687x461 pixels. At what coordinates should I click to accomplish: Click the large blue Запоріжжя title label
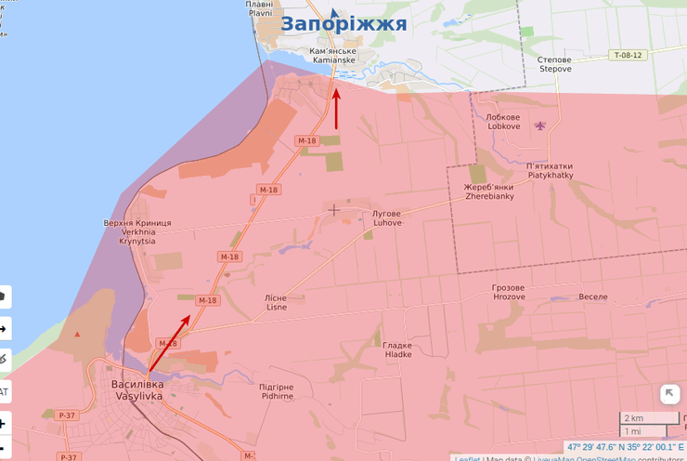pyautogui.click(x=343, y=23)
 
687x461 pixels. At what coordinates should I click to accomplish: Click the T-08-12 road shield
pyautogui.click(x=628, y=56)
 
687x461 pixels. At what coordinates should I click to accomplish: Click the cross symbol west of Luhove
pyautogui.click(x=334, y=210)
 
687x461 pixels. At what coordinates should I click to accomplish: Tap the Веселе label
pyautogui.click(x=592, y=296)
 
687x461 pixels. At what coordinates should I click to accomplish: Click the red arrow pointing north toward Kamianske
pyautogui.click(x=336, y=109)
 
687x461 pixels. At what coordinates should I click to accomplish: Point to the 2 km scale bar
pyautogui.click(x=647, y=418)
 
